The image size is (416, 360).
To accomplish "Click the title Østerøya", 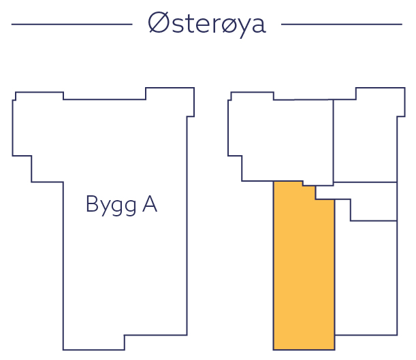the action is (207, 24).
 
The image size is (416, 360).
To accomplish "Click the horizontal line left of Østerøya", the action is (71, 24).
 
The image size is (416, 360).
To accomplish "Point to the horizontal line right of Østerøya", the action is (341, 24).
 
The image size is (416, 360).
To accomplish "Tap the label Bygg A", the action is (121, 205).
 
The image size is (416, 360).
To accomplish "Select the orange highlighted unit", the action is (304, 272).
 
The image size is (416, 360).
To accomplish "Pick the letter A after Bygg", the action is (149, 204).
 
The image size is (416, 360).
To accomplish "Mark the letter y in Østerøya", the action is (240, 28).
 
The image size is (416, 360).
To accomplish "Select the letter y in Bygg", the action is (102, 207).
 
